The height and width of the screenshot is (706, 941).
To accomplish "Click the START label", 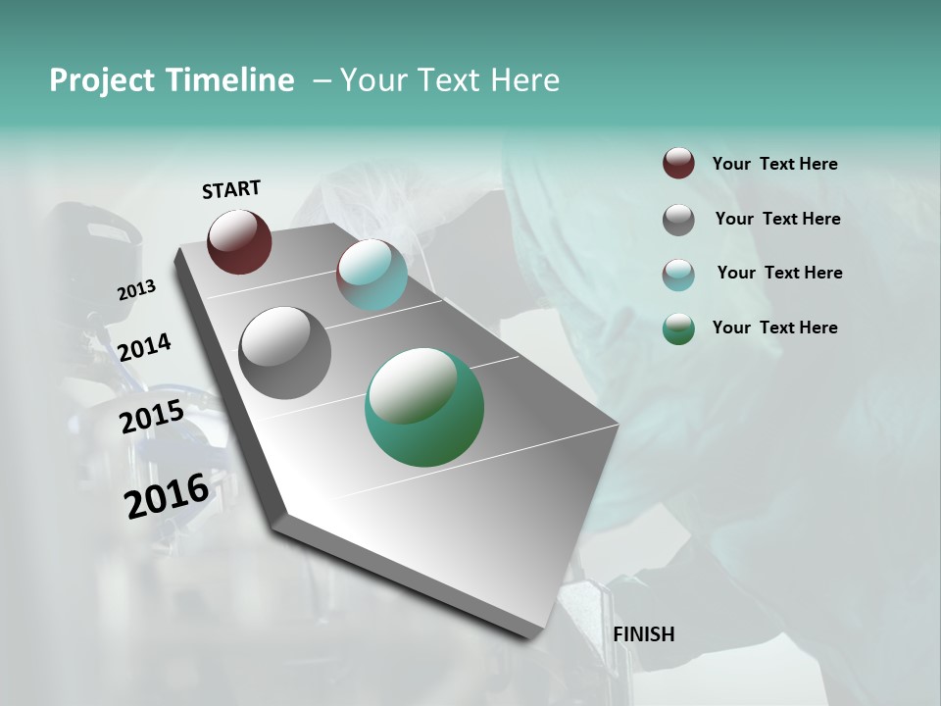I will [231, 189].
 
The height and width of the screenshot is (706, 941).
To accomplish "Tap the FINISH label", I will [644, 634].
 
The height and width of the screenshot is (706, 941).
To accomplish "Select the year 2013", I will [136, 289].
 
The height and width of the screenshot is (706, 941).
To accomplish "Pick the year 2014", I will [144, 347].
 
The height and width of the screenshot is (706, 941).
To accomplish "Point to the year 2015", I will [152, 417].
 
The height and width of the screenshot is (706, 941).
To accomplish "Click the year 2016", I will [167, 496].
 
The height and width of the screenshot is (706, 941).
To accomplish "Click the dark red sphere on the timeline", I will [239, 241].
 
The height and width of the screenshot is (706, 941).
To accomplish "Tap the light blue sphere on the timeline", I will [371, 275].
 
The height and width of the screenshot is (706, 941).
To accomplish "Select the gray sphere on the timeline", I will [285, 353].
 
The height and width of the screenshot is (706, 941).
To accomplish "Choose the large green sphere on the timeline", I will [424, 407].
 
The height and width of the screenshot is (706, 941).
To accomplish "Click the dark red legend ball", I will [678, 163].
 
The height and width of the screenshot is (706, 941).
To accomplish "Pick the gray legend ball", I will [678, 220].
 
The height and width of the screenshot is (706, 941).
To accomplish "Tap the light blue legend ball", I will [678, 275].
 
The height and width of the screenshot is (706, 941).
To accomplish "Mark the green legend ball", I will [678, 328].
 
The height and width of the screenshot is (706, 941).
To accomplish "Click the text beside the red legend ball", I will [775, 164].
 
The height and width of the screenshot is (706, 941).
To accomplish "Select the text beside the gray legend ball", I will [777, 219].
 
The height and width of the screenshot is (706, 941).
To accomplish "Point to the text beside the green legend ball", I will [775, 328].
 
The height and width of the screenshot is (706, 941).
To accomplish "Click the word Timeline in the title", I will [230, 80].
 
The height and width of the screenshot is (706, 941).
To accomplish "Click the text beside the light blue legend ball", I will [779, 273].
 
